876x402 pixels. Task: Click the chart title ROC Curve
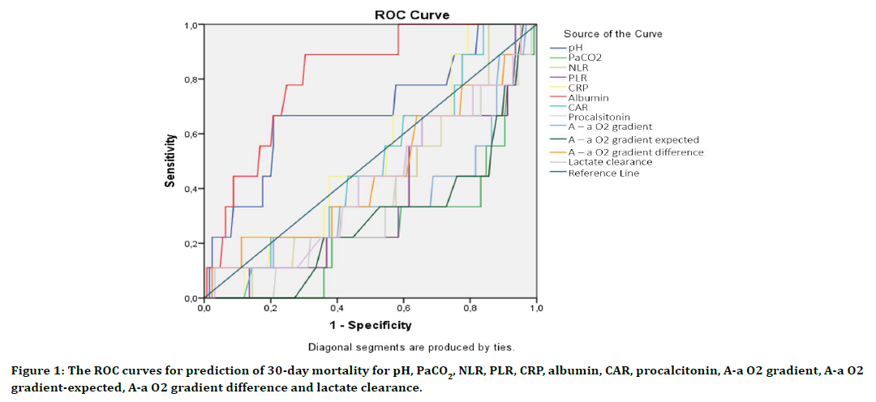point(411,15)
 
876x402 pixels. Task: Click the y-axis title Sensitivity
point(170,161)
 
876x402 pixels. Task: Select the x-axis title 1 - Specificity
point(370,326)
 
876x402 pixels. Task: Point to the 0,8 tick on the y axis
point(189,79)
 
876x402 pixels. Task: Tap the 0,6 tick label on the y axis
point(189,135)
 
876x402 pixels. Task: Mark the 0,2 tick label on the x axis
point(270,309)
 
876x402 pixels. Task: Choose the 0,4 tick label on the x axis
point(337,309)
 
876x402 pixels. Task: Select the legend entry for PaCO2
point(585,58)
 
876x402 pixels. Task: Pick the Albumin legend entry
point(588,97)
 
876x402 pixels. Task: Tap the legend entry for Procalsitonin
point(599,117)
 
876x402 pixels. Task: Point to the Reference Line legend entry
point(603,173)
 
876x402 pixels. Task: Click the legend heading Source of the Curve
point(612,34)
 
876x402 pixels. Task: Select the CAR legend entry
point(578,107)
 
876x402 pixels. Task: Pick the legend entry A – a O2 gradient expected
point(633,139)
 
